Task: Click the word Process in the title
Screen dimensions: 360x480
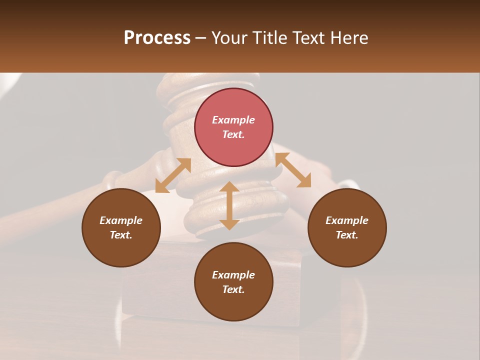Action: point(157,38)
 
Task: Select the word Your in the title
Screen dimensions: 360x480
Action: point(230,38)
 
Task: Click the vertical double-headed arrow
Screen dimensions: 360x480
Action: point(229,205)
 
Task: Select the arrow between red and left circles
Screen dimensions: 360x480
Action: point(173,175)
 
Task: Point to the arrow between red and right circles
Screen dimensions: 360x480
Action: point(293,170)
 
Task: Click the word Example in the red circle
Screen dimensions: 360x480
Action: point(233,120)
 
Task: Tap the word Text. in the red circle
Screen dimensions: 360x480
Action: point(233,134)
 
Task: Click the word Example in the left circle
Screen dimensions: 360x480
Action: point(121,220)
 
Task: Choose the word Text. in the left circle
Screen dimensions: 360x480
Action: point(121,235)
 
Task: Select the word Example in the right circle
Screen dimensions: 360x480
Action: point(347,220)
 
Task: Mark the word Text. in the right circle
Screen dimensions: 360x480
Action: point(347,235)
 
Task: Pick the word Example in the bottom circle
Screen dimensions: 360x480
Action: point(233,275)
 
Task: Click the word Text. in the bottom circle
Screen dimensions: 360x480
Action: point(233,289)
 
